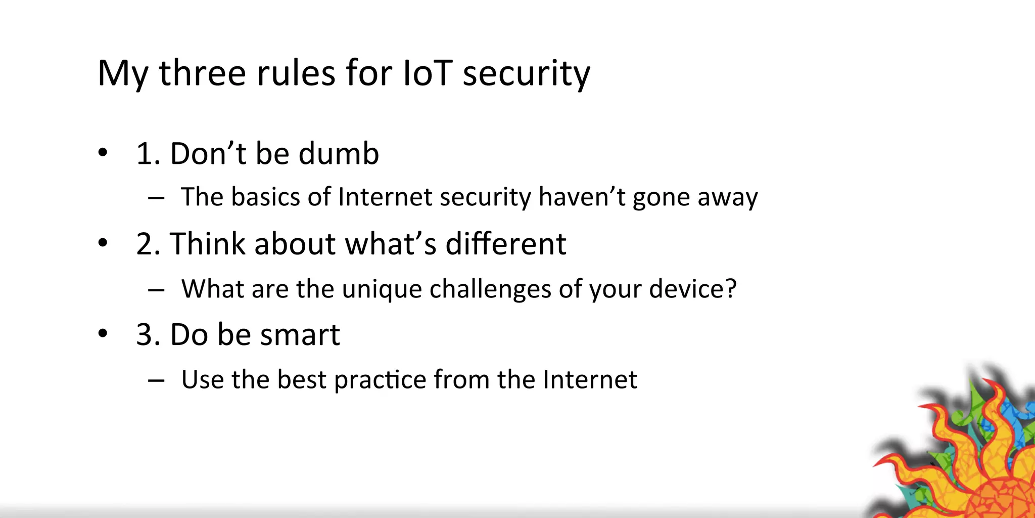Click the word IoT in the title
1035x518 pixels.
(427, 73)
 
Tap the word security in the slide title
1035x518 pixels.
(526, 73)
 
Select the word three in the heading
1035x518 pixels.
(202, 73)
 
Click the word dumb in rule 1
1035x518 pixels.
(339, 154)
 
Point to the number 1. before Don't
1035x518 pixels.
(148, 154)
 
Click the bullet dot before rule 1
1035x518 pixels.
(103, 152)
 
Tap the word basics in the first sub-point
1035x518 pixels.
(264, 197)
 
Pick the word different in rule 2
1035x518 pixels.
(505, 244)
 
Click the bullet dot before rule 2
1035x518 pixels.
(103, 243)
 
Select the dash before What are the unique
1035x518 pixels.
(156, 290)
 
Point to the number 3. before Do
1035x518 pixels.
(148, 335)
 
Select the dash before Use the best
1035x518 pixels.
(156, 380)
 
